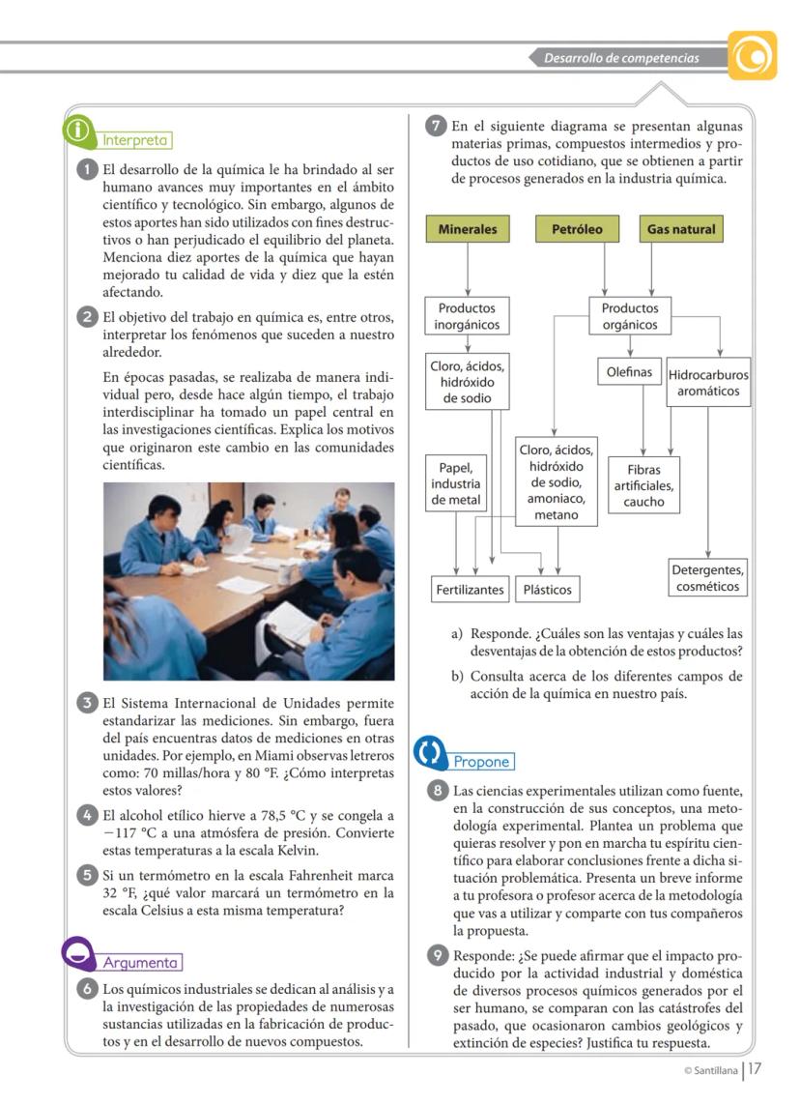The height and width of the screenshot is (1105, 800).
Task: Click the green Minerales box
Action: (x=468, y=230)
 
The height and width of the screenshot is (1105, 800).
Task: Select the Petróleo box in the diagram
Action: (x=577, y=230)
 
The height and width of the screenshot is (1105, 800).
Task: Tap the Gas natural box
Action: (x=681, y=230)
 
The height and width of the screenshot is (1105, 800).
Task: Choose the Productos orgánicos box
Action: (x=630, y=317)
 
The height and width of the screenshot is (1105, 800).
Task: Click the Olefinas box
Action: (x=629, y=371)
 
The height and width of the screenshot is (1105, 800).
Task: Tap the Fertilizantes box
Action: (x=470, y=589)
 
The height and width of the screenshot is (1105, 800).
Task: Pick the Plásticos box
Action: (x=547, y=589)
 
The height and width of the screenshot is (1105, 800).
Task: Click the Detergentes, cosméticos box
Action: (x=708, y=578)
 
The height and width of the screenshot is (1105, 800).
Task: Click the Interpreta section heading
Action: (x=136, y=139)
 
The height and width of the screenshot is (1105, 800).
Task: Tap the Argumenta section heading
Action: (x=140, y=963)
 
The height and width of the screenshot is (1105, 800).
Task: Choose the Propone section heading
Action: (x=481, y=762)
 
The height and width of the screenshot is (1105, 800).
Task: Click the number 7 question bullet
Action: (x=436, y=127)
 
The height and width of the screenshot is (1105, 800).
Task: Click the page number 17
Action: (x=756, y=1069)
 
